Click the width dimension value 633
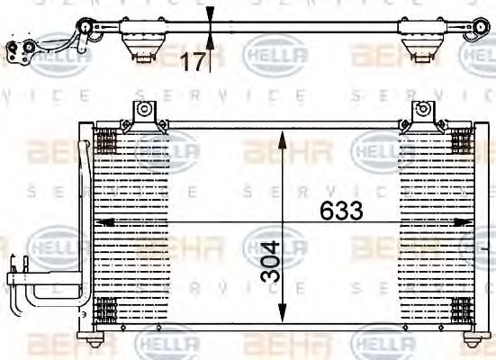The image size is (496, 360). click(341, 211)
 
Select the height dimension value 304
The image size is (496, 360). click(271, 261)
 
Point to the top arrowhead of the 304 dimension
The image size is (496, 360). click(283, 138)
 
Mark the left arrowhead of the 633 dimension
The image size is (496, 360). click(103, 221)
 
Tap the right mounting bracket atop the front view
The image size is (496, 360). click(420, 114)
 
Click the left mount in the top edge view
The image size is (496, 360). click(140, 44)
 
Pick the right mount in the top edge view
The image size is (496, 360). click(419, 44)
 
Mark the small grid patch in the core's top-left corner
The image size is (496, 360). click(105, 141)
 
